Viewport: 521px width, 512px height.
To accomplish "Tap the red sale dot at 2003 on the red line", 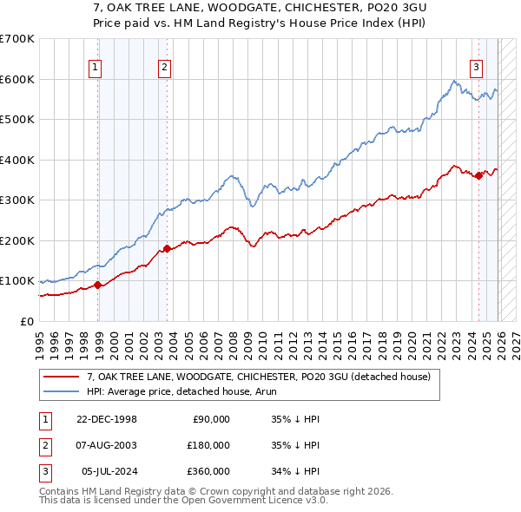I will (168, 249).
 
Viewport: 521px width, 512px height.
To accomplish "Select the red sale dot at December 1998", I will (98, 285).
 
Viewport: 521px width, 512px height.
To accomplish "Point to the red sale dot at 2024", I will (478, 176).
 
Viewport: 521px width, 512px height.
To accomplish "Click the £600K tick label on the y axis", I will (17, 79).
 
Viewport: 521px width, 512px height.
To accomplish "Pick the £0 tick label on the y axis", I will (27, 321).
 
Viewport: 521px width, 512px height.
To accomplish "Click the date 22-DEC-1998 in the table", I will (107, 419).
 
